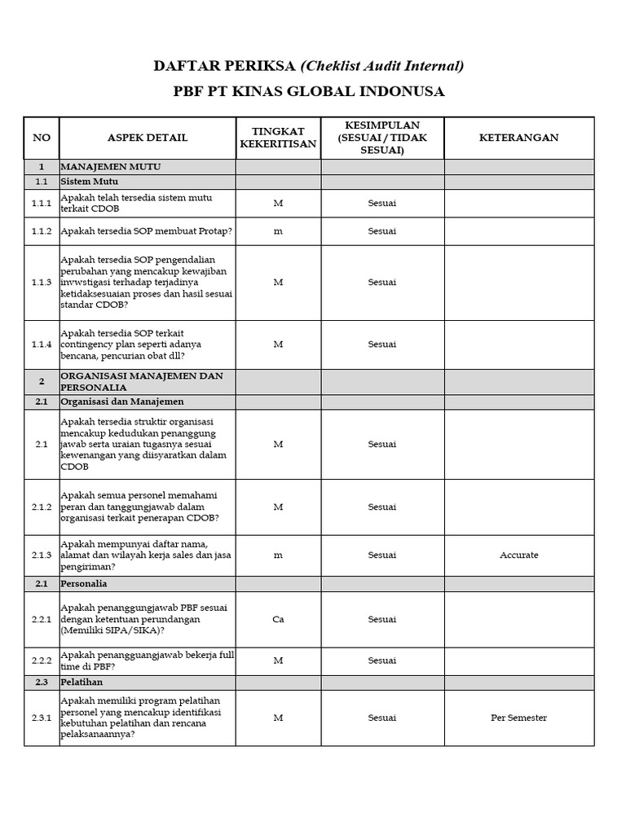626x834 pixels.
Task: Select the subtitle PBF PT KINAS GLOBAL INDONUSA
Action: (x=309, y=91)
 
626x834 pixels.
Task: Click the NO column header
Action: (x=41, y=138)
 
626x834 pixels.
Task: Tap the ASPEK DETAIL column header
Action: (x=148, y=138)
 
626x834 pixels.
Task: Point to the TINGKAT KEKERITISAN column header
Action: (x=278, y=138)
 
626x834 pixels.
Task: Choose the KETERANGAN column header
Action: (x=518, y=138)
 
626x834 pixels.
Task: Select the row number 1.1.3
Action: (x=41, y=283)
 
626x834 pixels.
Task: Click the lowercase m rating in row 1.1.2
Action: (x=278, y=231)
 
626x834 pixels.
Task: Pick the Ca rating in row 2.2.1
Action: (x=278, y=619)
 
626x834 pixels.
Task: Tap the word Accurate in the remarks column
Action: (x=518, y=555)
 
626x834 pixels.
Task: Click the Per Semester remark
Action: (x=518, y=718)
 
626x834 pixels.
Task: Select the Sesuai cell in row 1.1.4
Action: (x=381, y=345)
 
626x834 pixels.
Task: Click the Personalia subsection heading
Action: (x=85, y=584)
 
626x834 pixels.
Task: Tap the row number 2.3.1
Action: (x=41, y=718)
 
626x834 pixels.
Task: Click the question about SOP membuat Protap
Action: (x=147, y=231)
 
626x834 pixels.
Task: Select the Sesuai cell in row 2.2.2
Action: (x=381, y=661)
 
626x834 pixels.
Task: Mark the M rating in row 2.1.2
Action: (x=278, y=507)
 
